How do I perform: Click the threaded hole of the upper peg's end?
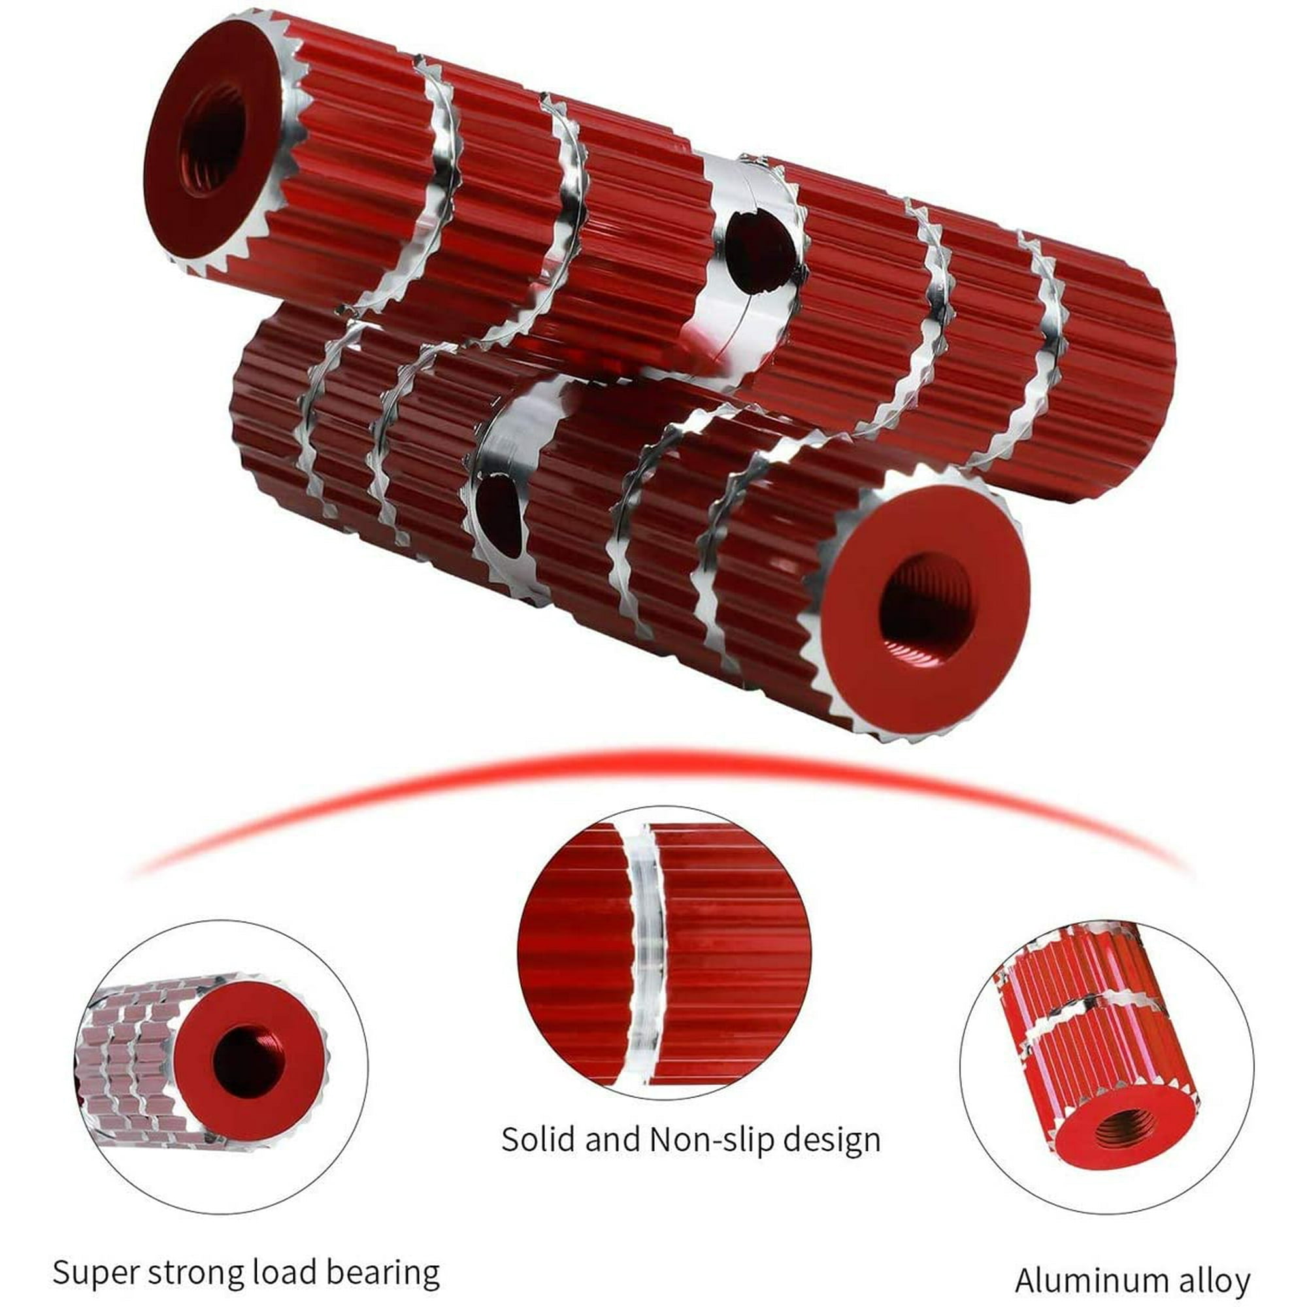(212, 139)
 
